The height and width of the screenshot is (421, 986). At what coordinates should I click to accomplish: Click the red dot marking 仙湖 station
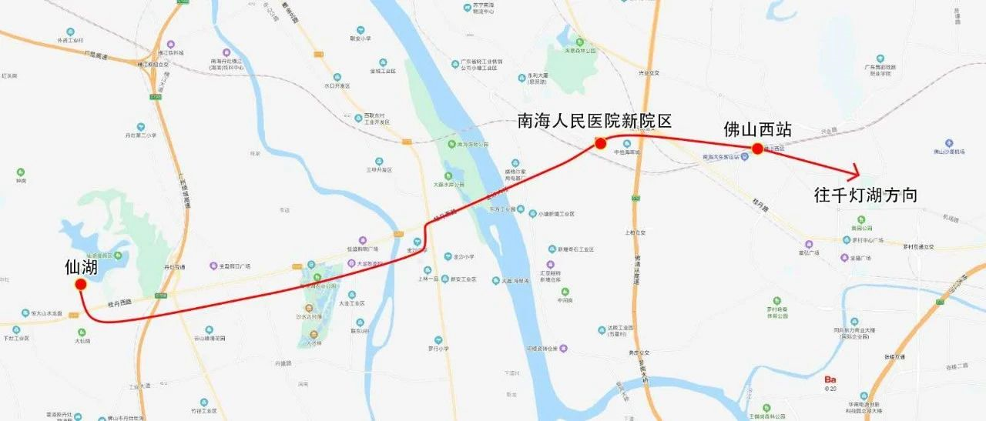coord(80,285)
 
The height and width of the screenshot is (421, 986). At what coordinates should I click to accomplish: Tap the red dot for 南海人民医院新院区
coord(601,143)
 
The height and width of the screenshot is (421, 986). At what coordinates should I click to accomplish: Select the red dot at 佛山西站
coord(757,149)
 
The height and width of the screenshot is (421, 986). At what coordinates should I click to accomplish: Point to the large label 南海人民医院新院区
coord(595,122)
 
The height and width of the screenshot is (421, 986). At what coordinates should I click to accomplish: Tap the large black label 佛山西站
coord(758,129)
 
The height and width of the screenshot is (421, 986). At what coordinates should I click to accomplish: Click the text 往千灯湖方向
coord(866,195)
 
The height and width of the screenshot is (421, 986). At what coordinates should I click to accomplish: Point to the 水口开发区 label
coord(337,86)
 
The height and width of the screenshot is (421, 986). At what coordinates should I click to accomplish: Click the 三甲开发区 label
coord(379,169)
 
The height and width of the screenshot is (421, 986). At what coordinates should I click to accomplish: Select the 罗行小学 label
coord(438,348)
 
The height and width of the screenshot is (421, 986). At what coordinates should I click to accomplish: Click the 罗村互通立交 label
coord(918,247)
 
